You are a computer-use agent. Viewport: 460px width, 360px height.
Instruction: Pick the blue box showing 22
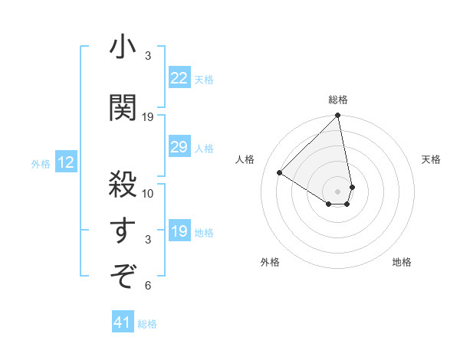tap(179, 78)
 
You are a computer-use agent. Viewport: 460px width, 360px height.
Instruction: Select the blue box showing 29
tap(179, 147)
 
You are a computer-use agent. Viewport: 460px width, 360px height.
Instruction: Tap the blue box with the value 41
tap(123, 323)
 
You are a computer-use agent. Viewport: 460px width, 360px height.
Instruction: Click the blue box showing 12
tap(66, 162)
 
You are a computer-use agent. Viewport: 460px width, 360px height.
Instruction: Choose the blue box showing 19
tap(179, 231)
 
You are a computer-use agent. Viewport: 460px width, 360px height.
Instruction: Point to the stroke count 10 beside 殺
tap(148, 193)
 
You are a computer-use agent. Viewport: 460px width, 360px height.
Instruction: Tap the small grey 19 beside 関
tap(148, 116)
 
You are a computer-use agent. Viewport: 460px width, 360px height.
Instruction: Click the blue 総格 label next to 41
tap(147, 324)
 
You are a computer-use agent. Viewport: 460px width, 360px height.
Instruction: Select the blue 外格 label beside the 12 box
tap(41, 163)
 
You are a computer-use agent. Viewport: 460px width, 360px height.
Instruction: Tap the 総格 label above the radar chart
tap(338, 100)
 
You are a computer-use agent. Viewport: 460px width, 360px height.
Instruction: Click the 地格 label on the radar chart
tap(402, 263)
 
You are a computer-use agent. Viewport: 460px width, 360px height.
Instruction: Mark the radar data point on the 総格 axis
tap(337, 116)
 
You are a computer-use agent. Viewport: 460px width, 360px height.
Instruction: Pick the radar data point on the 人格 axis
tap(280, 173)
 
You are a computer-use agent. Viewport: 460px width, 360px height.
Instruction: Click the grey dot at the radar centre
tap(337, 191)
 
